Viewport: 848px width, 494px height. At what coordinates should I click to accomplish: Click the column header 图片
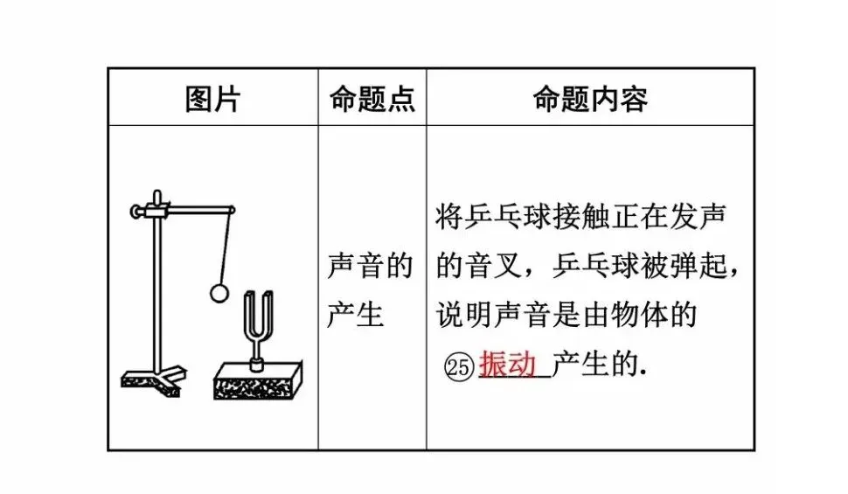coord(212,98)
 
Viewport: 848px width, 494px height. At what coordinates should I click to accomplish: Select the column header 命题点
coord(372,98)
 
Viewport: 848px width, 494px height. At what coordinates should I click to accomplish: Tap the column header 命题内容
coord(590,98)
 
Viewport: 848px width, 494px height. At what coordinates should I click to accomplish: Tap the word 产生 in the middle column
coord(356,313)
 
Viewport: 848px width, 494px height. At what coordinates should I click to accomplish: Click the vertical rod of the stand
coord(156,289)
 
